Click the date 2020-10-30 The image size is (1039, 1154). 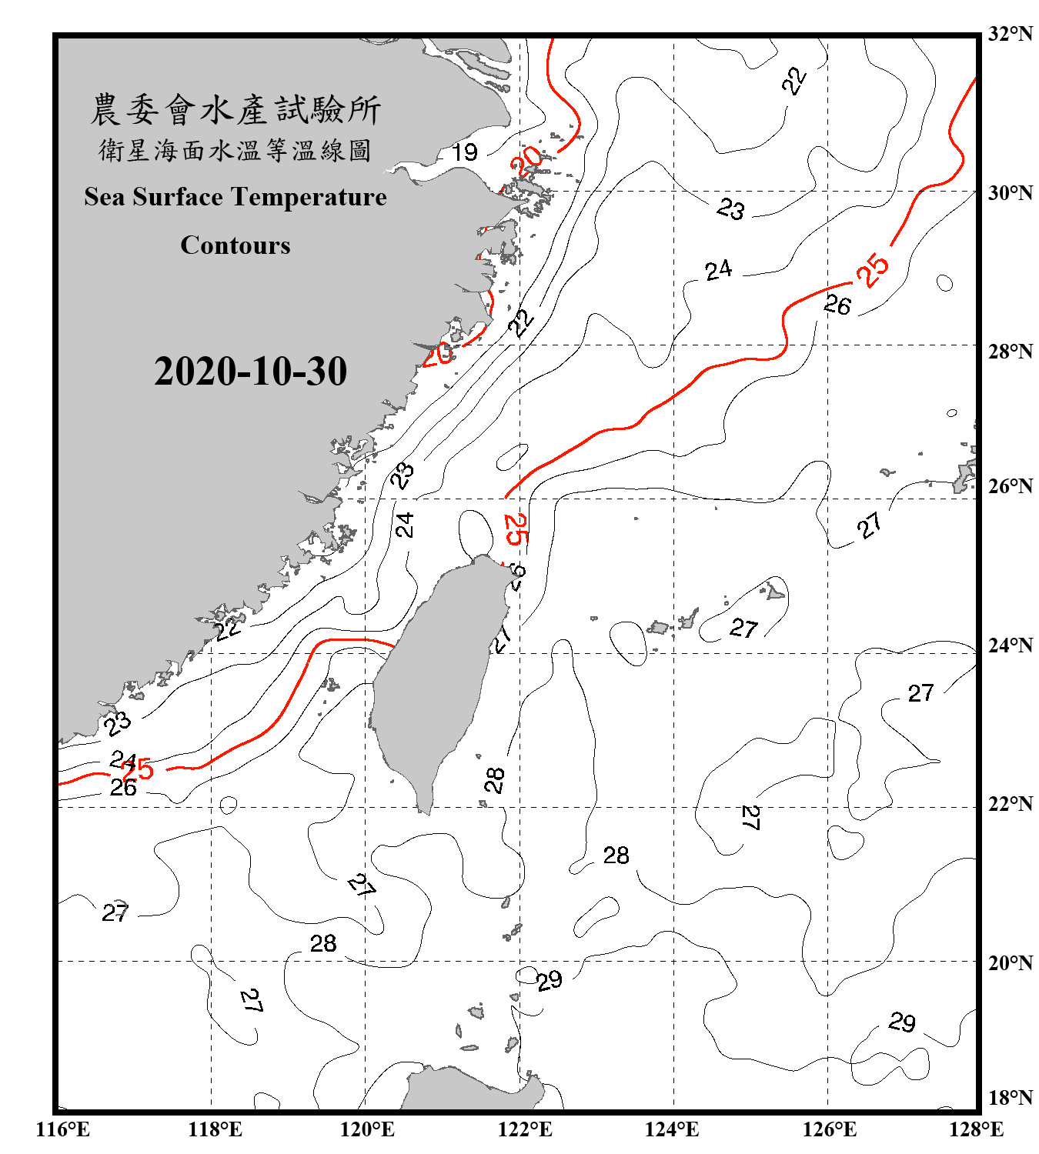tap(250, 372)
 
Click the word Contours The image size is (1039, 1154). tap(236, 245)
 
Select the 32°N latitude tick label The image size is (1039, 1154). tap(1010, 34)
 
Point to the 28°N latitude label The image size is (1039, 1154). tap(1010, 352)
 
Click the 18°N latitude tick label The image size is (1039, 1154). tap(1010, 1098)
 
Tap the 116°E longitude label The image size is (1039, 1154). tap(62, 1129)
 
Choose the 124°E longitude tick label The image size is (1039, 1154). tap(672, 1129)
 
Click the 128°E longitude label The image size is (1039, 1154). tap(976, 1129)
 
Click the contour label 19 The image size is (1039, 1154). tap(464, 152)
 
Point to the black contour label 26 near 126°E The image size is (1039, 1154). tap(837, 305)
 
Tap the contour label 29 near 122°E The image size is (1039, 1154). tap(550, 981)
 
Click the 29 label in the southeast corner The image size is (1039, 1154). tap(902, 1022)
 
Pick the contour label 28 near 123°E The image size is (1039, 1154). tap(616, 855)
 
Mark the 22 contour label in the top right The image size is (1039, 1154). tap(794, 80)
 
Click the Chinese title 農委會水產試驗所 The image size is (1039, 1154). tap(236, 110)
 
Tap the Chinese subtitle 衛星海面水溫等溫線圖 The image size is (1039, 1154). tap(235, 150)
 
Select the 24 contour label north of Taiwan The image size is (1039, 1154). tap(405, 525)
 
